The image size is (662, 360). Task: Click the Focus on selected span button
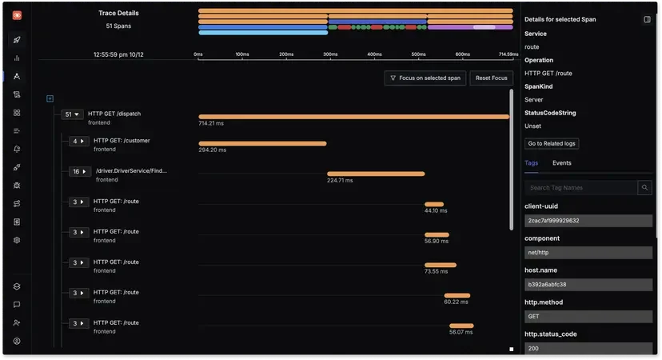click(425, 78)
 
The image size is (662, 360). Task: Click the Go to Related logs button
click(552, 144)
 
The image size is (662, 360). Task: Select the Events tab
click(561, 163)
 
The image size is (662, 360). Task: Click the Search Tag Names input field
click(580, 188)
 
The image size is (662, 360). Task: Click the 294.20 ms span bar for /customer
click(262, 143)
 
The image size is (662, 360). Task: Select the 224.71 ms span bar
click(376, 174)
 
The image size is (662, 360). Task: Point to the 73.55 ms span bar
click(441, 265)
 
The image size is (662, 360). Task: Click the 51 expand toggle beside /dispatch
click(73, 114)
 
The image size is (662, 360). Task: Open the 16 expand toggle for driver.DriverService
click(79, 172)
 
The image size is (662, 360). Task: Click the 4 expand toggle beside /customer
click(78, 142)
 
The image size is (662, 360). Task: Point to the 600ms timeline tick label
click(462, 54)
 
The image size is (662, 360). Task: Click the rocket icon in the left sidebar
click(17, 39)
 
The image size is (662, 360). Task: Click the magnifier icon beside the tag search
click(644, 188)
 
